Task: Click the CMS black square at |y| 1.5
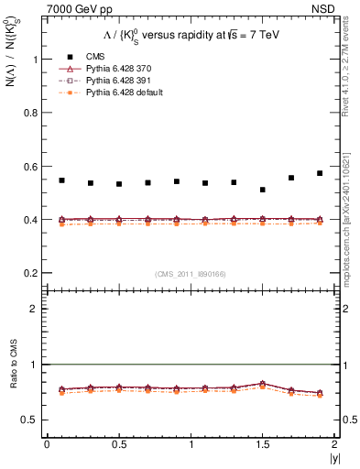coord(262,190)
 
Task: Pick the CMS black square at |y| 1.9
coord(320,173)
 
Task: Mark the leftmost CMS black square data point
coord(61,180)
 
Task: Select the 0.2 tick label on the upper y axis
coord(33,273)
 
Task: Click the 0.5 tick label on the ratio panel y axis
coord(33,420)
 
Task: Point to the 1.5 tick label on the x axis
coord(262,443)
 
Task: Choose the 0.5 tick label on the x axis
coord(118,443)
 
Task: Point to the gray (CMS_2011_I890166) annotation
coord(191,274)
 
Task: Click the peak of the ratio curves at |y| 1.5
coord(262,384)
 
